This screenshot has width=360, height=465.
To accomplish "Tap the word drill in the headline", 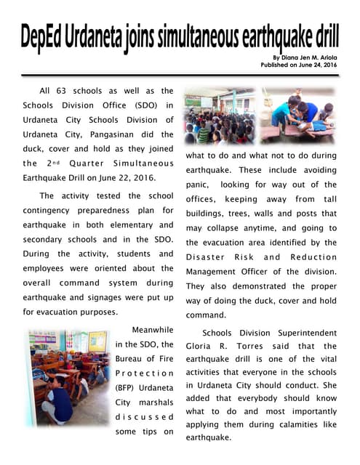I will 325,36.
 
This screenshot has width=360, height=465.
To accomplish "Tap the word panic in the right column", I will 199,185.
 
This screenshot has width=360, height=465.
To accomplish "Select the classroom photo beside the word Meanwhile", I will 67,378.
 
